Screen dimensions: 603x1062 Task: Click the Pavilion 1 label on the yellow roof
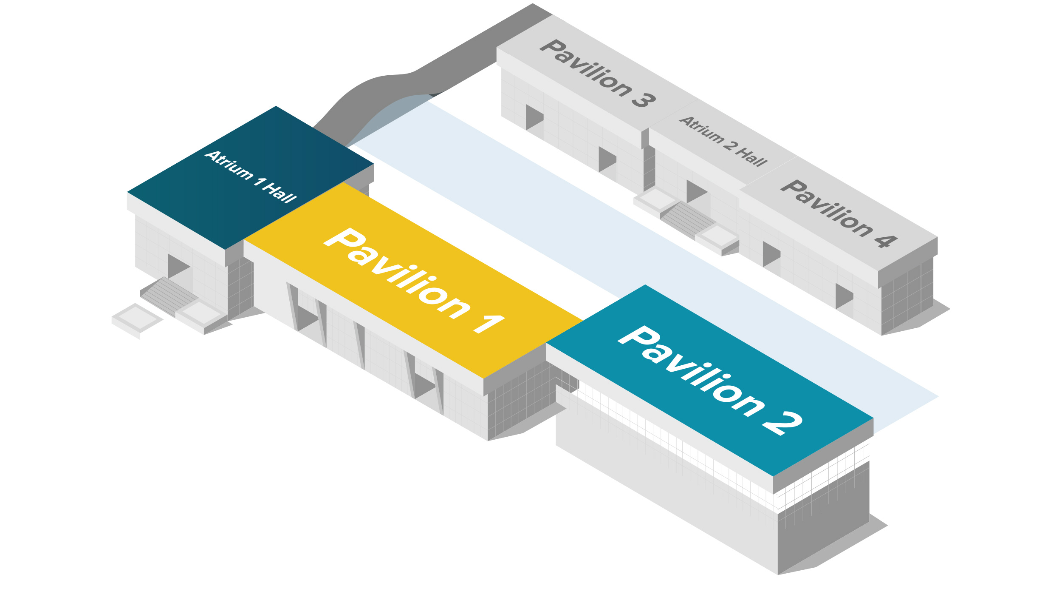click(x=414, y=281)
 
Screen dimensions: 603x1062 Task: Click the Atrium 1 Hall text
click(x=251, y=176)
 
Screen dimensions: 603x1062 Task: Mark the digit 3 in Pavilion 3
click(x=644, y=100)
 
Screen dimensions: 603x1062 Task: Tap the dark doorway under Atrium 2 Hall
click(x=695, y=191)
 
